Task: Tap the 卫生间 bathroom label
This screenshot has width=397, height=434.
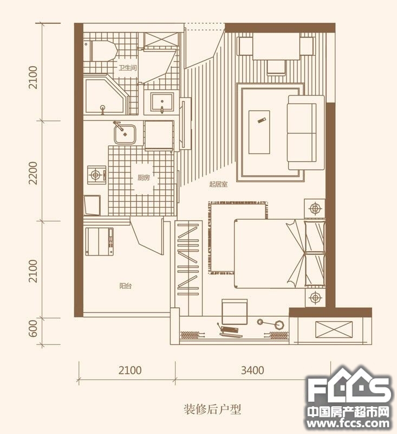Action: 128,68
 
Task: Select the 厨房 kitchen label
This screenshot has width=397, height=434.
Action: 144,178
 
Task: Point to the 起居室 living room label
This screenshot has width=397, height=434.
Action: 218,184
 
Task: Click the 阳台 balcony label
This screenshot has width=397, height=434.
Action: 126,286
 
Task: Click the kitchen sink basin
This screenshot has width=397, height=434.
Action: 125,134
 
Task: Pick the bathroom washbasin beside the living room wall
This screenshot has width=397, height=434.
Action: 162,103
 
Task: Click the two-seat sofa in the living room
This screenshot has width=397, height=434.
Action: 306,132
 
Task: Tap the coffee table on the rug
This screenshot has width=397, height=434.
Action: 259,132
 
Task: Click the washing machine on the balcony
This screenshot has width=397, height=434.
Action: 100,241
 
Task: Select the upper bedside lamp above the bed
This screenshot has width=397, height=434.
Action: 315,208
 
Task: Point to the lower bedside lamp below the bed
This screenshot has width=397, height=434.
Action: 315,298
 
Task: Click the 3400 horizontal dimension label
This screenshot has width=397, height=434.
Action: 252,370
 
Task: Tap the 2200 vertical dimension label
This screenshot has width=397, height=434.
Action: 33,173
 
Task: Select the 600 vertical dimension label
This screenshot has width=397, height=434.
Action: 33,328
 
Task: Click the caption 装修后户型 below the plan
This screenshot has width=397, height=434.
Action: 212,409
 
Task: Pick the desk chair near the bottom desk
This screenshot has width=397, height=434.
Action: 234,311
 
